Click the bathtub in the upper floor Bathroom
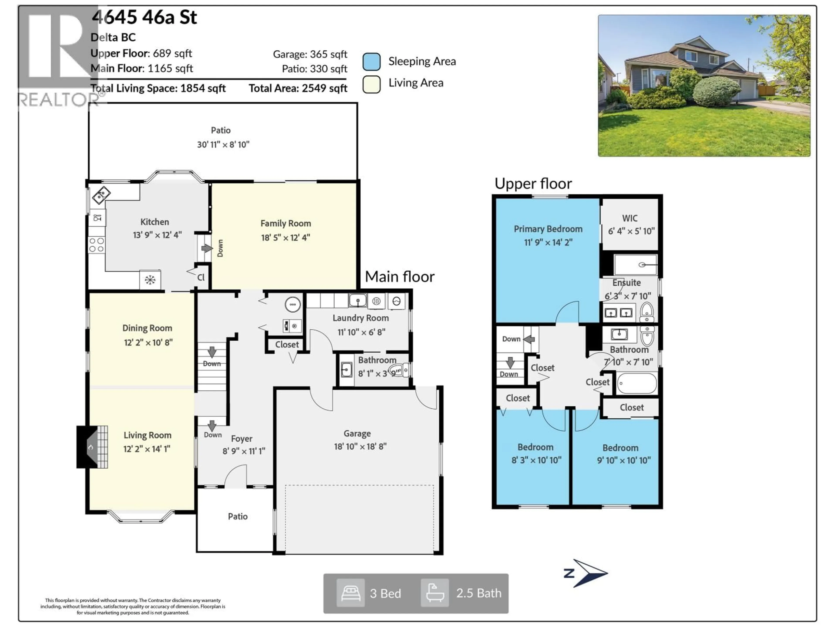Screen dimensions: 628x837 [x=637, y=383]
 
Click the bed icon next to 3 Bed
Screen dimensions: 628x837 [x=350, y=593]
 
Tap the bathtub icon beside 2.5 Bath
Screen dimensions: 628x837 [x=435, y=593]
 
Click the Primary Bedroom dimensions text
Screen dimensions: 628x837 [x=548, y=242]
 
